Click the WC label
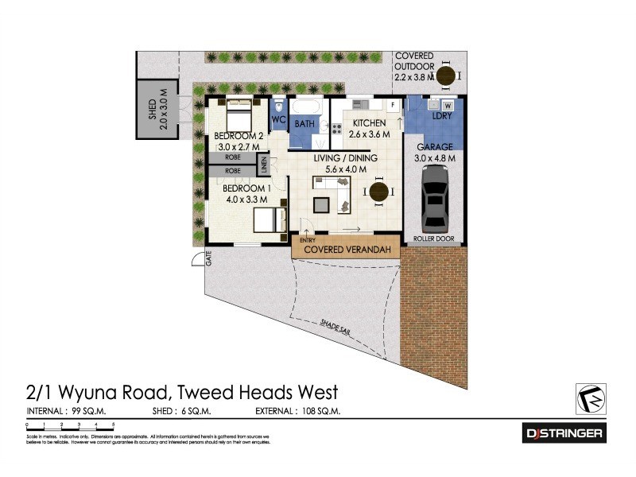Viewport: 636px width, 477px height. pos(278,120)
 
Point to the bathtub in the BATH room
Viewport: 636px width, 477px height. pos(306,107)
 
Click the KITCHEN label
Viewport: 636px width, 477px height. pos(364,123)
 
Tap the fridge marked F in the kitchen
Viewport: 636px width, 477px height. pos(393,105)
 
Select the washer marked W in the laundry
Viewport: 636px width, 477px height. pos(448,105)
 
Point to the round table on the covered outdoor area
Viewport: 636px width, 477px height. pos(447,76)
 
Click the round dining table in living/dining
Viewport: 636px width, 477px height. pos(378,192)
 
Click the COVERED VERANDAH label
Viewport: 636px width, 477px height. pos(344,250)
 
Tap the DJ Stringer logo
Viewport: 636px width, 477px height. pos(564,433)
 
